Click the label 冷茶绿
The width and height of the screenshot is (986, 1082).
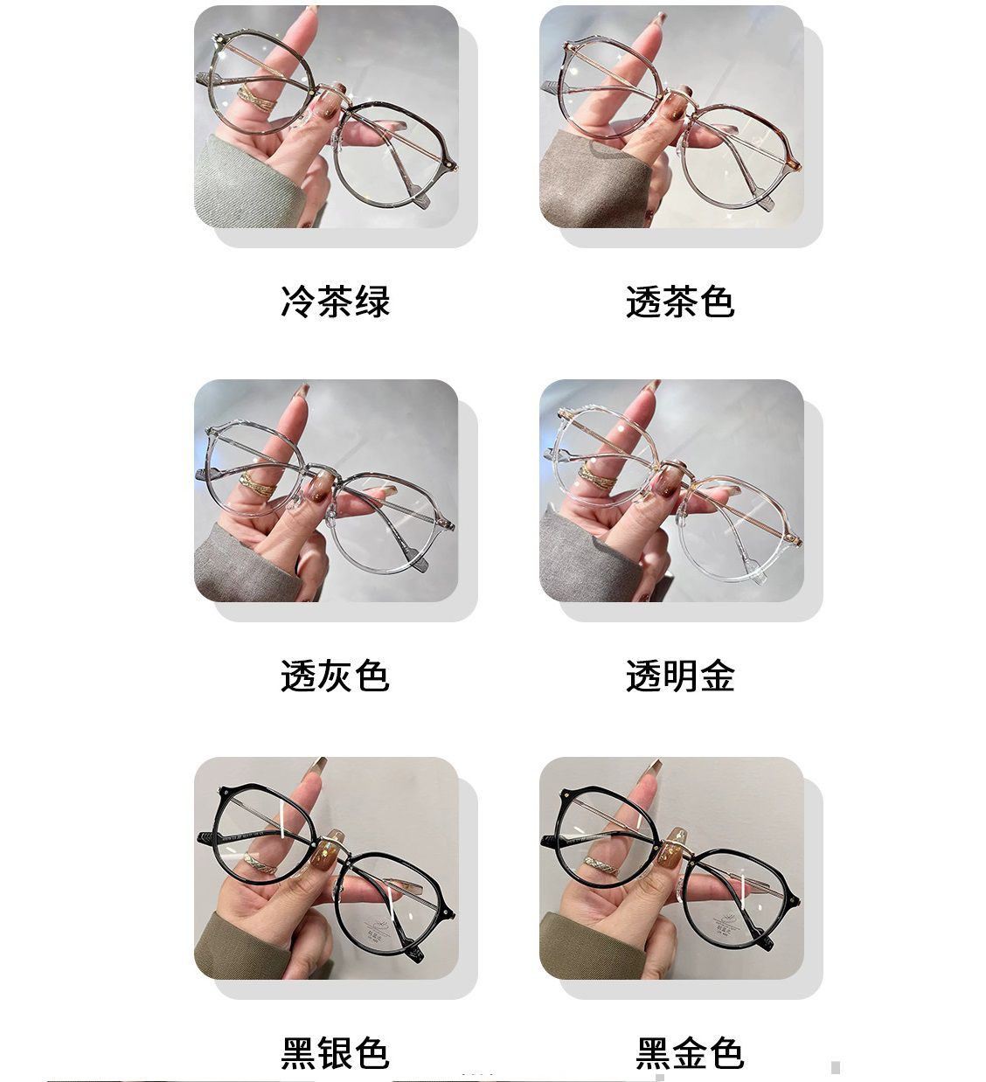[x=335, y=302]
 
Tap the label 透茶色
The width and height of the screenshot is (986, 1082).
[x=680, y=302]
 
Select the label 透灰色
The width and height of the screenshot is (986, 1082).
[x=335, y=676]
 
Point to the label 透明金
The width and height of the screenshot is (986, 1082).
[x=680, y=676]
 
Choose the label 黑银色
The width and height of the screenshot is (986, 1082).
[x=335, y=1052]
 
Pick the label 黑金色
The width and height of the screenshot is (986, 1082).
[x=690, y=1052]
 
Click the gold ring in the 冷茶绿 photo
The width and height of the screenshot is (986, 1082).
[x=256, y=98]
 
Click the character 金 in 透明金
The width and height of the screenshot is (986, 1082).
[x=718, y=676]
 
